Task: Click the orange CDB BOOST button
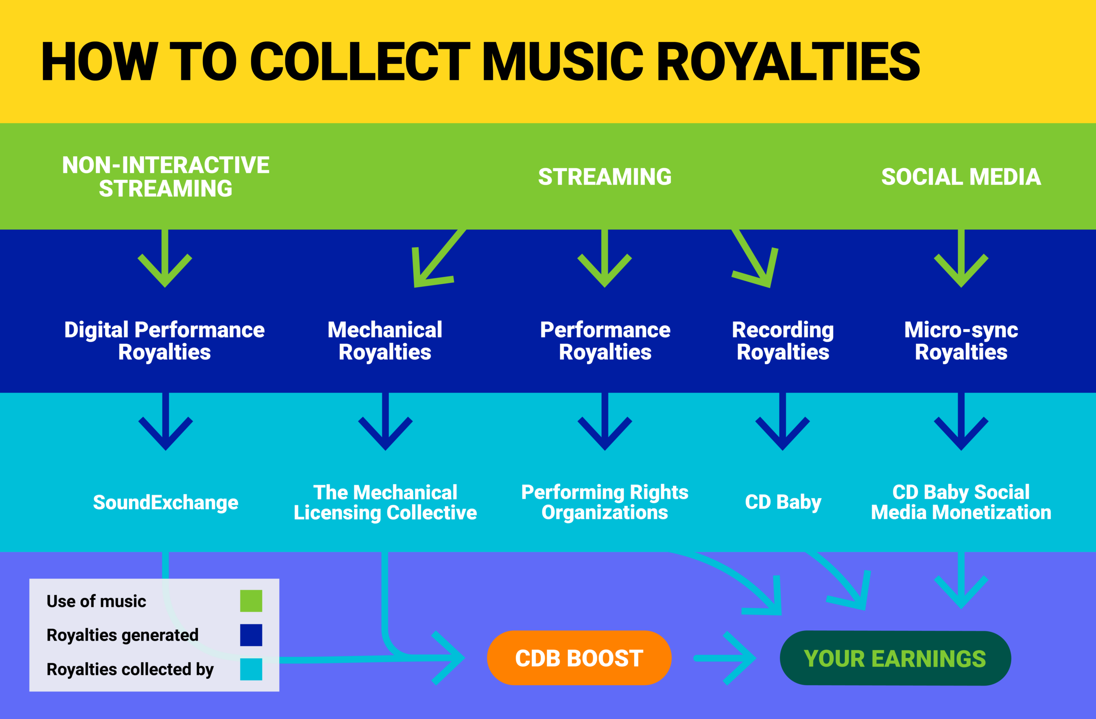pos(579,658)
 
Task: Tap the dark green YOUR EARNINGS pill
pos(895,658)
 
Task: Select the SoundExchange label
pos(165,502)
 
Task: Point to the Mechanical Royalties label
pos(385,341)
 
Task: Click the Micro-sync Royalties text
pos(961,341)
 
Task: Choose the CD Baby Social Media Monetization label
pos(961,502)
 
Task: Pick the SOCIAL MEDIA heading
pos(961,177)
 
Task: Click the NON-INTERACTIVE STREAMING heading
pos(165,177)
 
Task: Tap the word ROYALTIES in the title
pos(787,61)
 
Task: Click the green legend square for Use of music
pos(251,601)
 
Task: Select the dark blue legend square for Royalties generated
pos(251,635)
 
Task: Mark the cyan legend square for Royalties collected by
pos(251,669)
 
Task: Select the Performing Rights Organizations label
pos(605,502)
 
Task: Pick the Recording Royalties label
pos(783,341)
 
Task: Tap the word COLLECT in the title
pos(359,61)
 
